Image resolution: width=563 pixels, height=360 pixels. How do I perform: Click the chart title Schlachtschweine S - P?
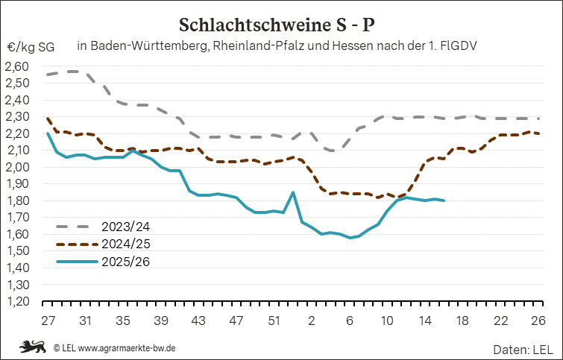pos(280,25)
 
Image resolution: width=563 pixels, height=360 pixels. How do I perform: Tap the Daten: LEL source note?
pos(523,348)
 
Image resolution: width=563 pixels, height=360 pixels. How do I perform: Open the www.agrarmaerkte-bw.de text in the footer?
pos(127,347)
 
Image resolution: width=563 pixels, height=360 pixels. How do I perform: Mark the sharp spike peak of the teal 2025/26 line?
pos(292,192)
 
